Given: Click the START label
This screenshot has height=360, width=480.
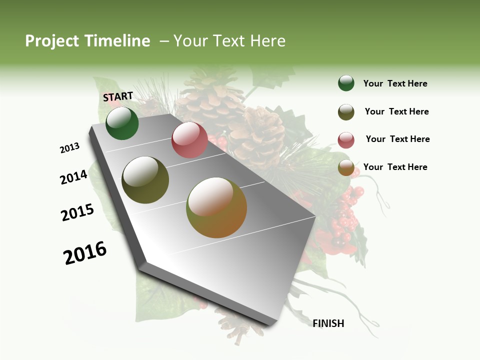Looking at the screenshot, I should coord(118,96).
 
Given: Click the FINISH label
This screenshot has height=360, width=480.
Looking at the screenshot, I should coord(328,323).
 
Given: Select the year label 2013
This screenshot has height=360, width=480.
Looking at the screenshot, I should coord(70,148).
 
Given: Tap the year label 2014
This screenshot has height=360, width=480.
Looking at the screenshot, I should coord(74,177).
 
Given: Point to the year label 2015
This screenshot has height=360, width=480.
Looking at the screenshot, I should coord(77,212).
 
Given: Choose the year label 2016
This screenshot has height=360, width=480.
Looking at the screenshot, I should coord(85,253).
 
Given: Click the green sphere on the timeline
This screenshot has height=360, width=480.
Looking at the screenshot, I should coord(122,123).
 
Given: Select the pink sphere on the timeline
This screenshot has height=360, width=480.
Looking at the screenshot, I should coord(189,140).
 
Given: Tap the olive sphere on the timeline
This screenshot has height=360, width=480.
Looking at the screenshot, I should coord(145,180).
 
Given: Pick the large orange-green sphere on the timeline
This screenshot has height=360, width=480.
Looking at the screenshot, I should coord(216,207).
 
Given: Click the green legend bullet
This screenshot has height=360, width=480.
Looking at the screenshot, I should coord(346,83).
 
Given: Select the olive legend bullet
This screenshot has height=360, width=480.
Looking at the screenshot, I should coord(346,112).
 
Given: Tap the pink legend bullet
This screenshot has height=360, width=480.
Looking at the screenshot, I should coord(346,140).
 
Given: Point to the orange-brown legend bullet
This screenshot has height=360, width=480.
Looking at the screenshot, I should coord(346,168).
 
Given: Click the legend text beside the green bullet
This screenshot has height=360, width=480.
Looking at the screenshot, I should coord(395,83).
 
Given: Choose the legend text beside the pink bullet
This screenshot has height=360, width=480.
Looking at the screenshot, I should coord(397,139).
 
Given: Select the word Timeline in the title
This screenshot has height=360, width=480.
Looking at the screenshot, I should coord(117,41).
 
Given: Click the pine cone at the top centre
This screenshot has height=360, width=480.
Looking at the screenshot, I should coord(210,97).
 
